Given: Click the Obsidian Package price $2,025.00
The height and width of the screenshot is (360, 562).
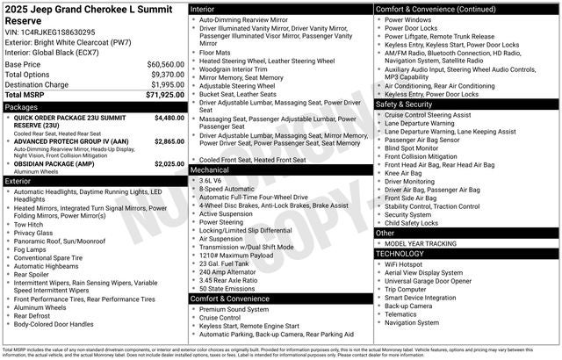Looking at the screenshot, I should [163, 163].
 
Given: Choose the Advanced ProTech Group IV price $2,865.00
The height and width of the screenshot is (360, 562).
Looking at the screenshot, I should [163, 140].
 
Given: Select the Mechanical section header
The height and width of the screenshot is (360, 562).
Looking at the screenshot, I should [209, 169].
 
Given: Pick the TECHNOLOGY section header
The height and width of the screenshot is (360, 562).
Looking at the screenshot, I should [407, 253].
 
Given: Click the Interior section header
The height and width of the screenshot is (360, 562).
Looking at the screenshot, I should [203, 8].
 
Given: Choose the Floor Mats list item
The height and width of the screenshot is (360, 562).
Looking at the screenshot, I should [216, 53].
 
